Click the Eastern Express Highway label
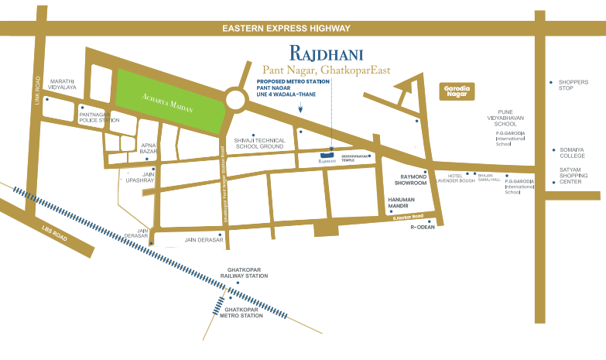(x=286, y=29)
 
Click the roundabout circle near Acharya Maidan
(x=238, y=99)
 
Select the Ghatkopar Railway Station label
(x=244, y=273)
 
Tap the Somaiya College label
(x=572, y=153)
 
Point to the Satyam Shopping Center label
(x=576, y=176)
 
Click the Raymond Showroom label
(x=408, y=180)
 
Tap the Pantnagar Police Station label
(x=99, y=118)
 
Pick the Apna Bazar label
(x=148, y=148)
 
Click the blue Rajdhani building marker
(x=327, y=157)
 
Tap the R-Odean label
(x=423, y=227)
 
